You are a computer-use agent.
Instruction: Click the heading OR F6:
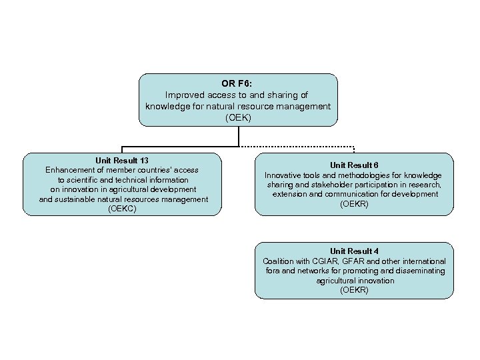[238, 84]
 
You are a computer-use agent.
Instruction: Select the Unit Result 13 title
[122, 161]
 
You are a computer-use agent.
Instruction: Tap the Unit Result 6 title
[354, 165]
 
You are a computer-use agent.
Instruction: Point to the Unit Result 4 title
[354, 251]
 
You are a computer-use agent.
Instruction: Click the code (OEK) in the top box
[238, 117]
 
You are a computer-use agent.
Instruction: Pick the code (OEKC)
[122, 209]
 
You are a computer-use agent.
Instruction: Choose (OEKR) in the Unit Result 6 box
[354, 204]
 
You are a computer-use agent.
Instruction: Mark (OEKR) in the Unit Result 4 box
[354, 290]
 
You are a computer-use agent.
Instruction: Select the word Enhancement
[69, 170]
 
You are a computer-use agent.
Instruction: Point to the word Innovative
[284, 175]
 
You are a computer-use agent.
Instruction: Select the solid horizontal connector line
[180, 147]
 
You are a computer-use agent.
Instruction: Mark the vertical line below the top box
[238, 136]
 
